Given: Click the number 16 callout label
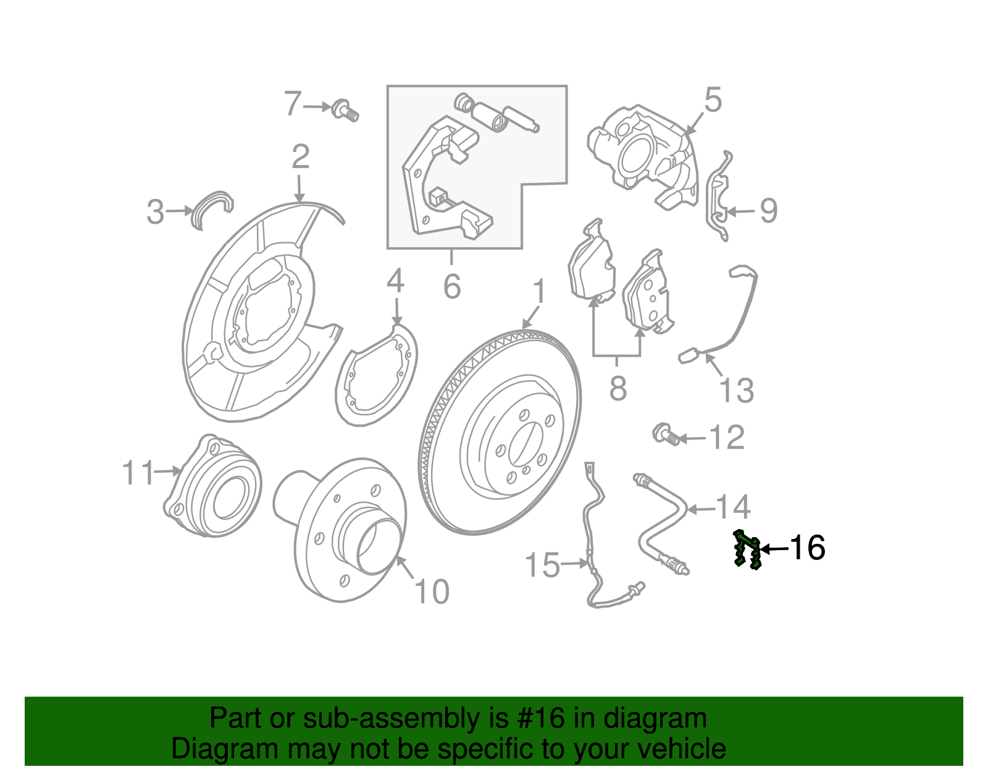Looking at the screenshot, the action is point(808,548).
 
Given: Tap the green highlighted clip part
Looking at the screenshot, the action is point(747,549).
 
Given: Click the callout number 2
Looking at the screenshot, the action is point(301,156).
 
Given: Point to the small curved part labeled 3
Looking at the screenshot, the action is point(212,210).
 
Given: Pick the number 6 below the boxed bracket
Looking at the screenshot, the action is point(452,286).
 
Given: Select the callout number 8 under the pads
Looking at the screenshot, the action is point(618,388).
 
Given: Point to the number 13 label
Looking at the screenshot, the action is point(736,390).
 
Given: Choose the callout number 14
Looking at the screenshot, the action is point(733,506).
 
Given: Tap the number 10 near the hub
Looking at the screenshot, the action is point(432,592).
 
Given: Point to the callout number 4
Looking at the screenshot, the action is point(396,281).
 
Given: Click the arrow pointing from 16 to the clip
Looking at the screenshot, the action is point(775,549).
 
